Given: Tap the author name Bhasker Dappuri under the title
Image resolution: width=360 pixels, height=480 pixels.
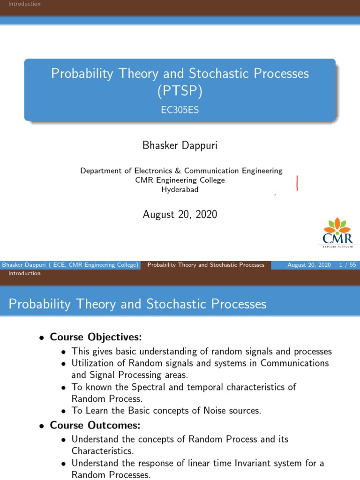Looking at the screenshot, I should [180, 146].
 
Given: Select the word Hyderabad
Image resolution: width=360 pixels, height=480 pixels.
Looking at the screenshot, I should [180, 189].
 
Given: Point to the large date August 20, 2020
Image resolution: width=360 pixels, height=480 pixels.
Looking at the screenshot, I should [180, 215].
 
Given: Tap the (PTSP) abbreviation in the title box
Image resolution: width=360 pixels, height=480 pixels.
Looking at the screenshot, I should [180, 91].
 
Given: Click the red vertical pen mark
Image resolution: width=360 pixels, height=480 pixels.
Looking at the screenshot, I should [297, 183].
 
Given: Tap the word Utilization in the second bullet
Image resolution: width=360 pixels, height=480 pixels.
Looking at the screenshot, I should [94, 363].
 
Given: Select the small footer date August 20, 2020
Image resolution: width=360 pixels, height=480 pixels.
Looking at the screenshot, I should [309, 265].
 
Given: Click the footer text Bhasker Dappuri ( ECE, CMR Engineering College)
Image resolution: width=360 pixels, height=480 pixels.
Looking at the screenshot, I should [70, 265].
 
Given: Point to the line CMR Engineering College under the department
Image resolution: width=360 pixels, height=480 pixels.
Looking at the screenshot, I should [180, 180].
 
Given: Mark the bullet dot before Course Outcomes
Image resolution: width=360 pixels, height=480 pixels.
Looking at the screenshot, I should [42, 426].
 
